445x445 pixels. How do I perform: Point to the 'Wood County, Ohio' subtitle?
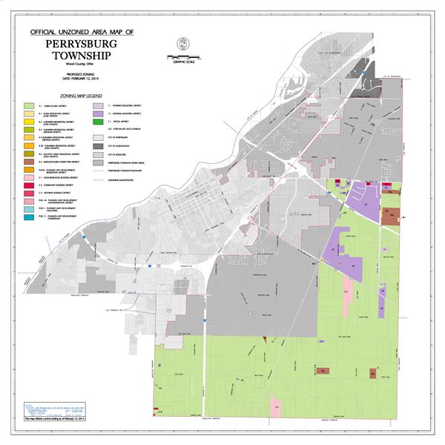coord(82,67)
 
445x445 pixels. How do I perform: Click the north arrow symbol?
coord(182,45)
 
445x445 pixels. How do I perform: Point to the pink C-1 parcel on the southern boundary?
coord(276,409)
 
